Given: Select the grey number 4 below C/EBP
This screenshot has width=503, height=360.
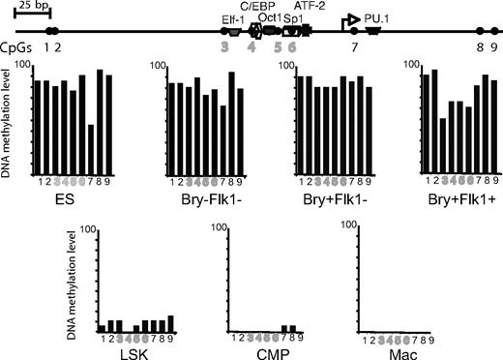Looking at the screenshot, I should pos(252,46).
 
